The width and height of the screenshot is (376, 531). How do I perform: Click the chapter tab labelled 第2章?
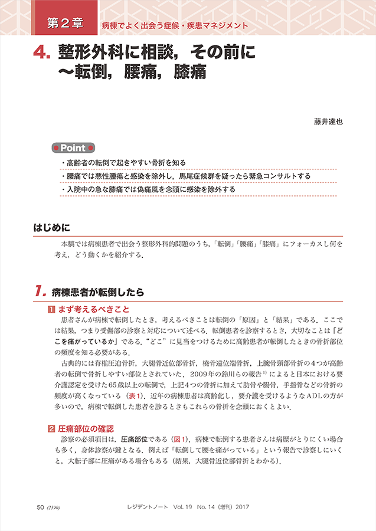[65, 25]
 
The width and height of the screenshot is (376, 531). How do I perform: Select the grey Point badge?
[74, 148]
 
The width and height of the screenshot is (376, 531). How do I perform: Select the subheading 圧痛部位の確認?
[85, 428]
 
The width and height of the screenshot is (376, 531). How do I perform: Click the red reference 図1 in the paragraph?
[179, 439]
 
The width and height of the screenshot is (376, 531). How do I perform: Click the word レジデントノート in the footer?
[153, 507]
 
